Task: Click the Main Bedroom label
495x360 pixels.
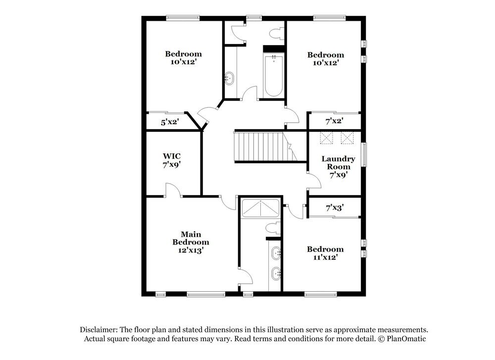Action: pos(191,242)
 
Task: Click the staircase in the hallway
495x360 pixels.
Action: pos(260,147)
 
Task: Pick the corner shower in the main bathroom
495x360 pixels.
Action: pos(260,209)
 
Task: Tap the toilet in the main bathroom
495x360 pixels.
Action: pos(272,229)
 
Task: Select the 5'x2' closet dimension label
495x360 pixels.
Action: pos(169,122)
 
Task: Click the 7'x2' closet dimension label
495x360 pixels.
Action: pos(335,120)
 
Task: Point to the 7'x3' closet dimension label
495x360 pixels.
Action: pos(335,208)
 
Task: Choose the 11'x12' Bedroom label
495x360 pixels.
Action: pos(325,253)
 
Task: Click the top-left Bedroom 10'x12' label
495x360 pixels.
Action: pos(183,58)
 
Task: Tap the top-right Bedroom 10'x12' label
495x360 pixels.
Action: pos(325,59)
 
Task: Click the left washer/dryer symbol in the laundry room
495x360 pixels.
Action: pos(326,138)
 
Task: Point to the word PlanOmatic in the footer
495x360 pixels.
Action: pos(406,339)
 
